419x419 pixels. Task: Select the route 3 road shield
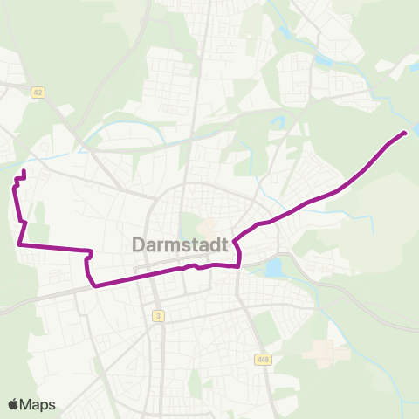click(x=158, y=315)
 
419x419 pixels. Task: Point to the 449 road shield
click(x=263, y=359)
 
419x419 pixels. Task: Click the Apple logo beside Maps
click(x=14, y=404)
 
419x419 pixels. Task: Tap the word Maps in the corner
click(x=38, y=404)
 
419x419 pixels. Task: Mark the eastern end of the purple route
click(x=404, y=134)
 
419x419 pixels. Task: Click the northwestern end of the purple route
click(x=22, y=171)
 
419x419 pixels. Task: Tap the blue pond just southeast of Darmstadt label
click(x=275, y=267)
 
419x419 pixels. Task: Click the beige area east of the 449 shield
click(x=324, y=352)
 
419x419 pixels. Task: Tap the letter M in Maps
click(x=28, y=404)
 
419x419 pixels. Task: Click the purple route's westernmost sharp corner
click(x=19, y=245)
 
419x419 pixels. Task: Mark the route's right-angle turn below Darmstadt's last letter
click(x=238, y=266)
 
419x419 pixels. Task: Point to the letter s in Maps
click(x=52, y=405)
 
